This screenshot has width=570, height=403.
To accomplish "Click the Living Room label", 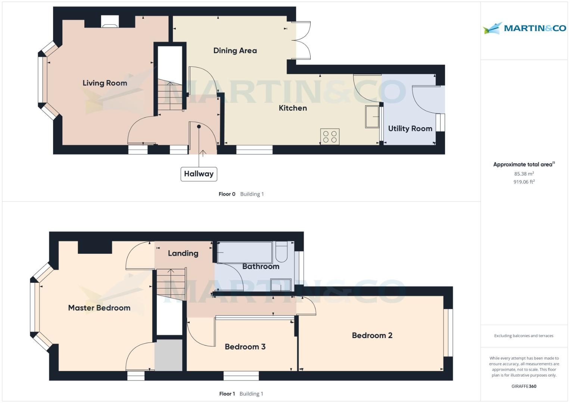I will (x=105, y=83).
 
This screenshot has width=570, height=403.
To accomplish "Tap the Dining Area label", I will (x=235, y=51).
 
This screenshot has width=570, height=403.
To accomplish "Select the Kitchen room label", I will (x=293, y=108).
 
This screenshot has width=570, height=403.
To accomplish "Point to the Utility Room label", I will (x=410, y=129).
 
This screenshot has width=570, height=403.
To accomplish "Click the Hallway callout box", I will (x=199, y=174).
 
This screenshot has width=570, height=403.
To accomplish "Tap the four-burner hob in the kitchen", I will (x=330, y=137).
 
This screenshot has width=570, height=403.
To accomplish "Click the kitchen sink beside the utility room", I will (x=372, y=117).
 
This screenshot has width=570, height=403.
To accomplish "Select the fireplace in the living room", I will (x=110, y=22).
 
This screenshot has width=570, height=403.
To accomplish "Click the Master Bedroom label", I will (x=99, y=308).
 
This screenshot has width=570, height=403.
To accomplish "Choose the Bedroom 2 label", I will (x=372, y=335).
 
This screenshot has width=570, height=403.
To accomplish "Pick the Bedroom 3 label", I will (x=245, y=347).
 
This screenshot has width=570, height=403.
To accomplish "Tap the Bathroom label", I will (x=261, y=266).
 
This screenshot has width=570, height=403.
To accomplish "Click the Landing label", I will (x=183, y=253).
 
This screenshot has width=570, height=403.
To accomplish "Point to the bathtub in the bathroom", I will (x=245, y=253).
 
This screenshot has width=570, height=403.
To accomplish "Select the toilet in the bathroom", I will (x=281, y=252).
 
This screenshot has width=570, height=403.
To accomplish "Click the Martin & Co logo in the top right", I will (x=524, y=28).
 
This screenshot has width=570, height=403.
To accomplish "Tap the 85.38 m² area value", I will (x=524, y=174).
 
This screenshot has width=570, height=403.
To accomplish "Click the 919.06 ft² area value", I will (x=524, y=182).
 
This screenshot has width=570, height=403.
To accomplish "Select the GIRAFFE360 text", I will (x=524, y=387).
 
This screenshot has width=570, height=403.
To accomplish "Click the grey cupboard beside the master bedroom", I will (x=169, y=355).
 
